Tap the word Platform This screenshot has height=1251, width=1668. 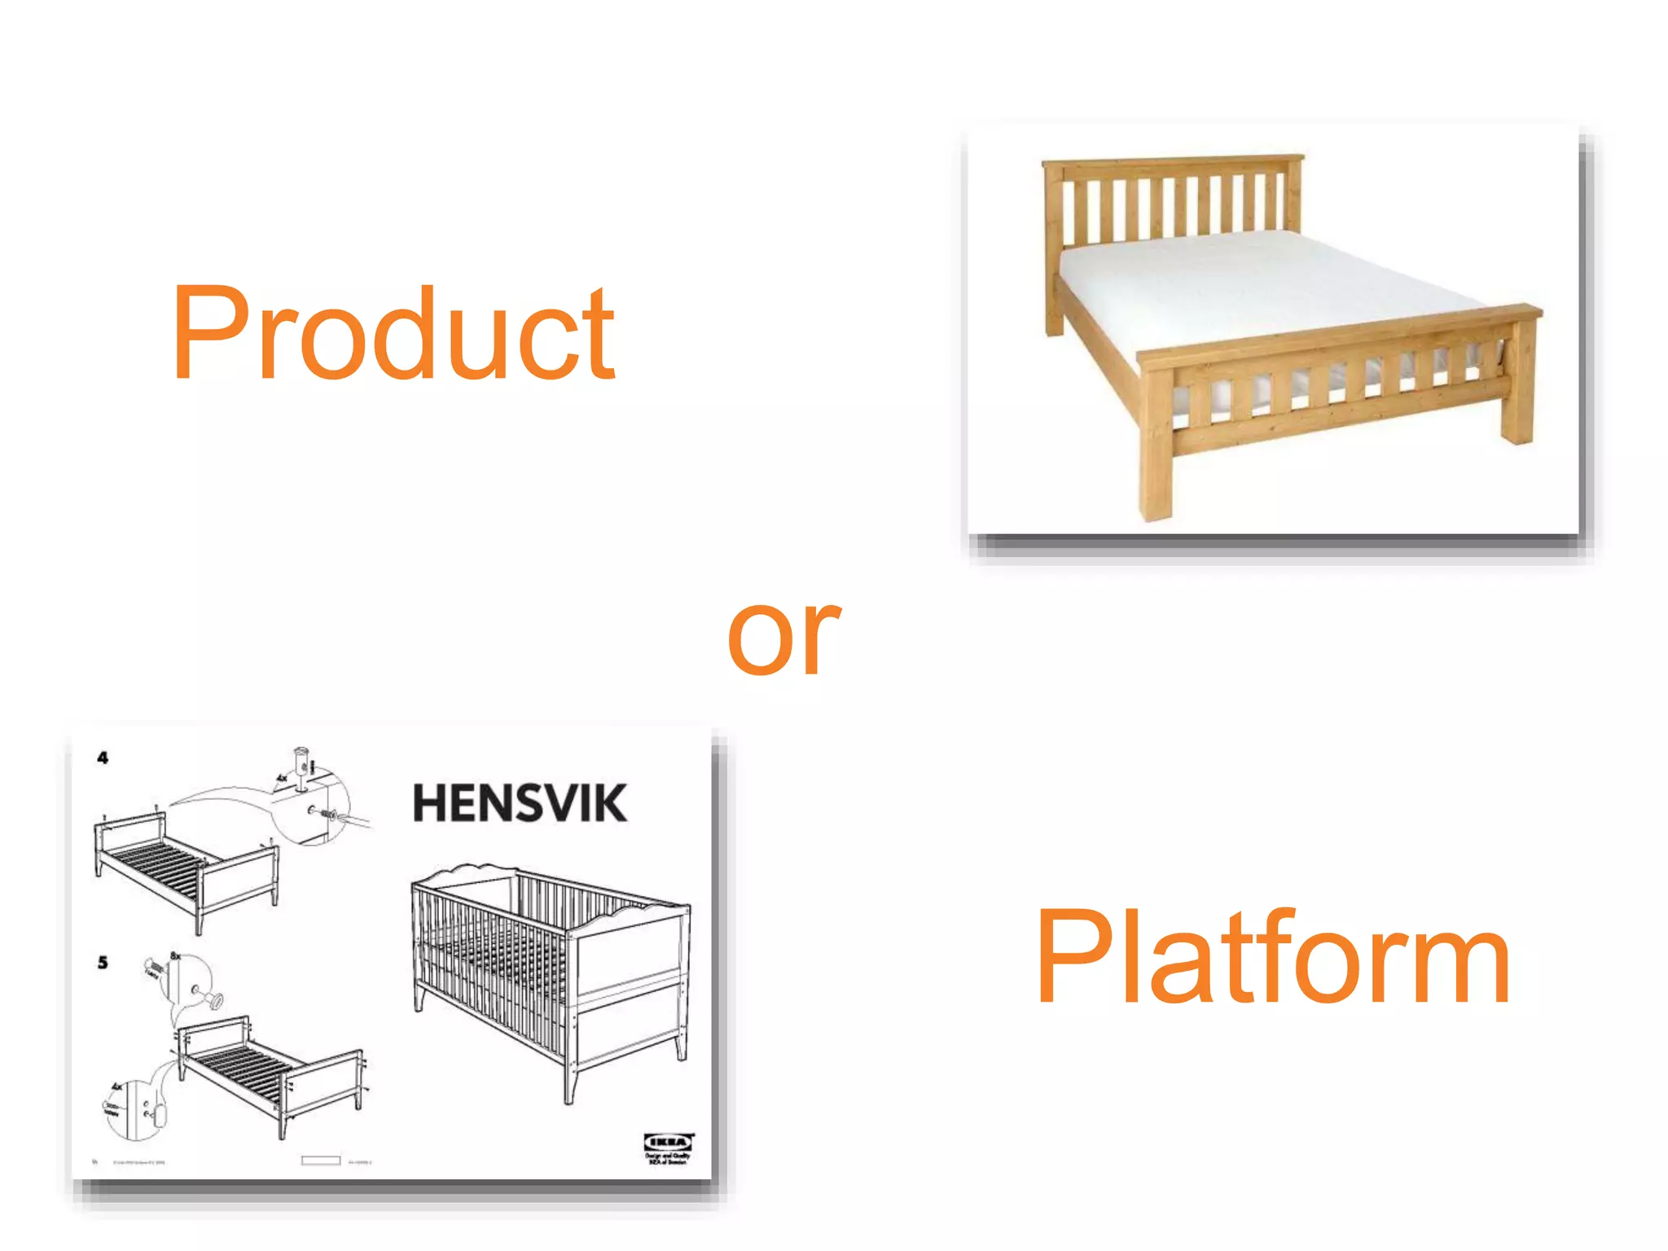click(1272, 958)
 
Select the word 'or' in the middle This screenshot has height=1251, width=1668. click(784, 637)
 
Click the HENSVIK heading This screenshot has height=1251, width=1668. click(520, 803)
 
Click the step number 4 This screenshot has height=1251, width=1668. click(103, 758)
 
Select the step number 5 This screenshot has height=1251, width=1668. click(103, 963)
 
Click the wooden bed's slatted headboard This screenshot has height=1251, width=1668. click(1173, 204)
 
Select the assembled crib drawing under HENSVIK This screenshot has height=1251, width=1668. click(551, 977)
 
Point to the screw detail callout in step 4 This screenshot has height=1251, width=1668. click(314, 802)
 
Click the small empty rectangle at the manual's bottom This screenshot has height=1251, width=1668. click(320, 1161)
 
